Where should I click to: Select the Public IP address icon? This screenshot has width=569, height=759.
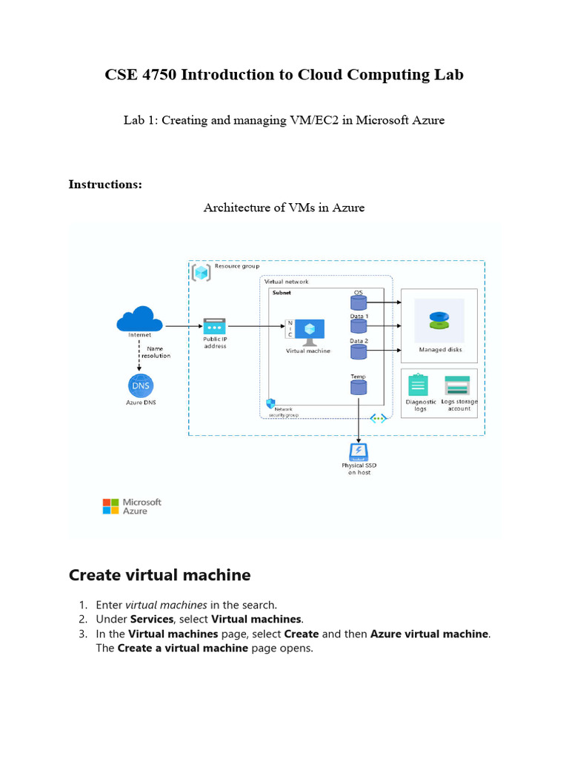point(215,326)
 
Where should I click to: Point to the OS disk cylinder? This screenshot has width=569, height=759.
point(359,302)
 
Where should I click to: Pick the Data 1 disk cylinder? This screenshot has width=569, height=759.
point(359,326)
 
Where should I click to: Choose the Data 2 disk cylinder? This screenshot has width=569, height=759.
point(359,351)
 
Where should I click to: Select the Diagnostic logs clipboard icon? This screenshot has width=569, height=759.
point(418,385)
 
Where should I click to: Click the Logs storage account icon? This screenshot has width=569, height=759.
point(457,385)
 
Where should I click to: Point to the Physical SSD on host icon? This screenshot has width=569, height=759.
point(359,451)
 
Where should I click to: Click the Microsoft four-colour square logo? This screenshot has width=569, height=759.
point(110,506)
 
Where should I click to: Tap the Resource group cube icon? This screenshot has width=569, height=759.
point(201,272)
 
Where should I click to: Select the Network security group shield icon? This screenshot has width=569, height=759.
point(270,403)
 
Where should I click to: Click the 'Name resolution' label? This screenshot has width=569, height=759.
point(156,352)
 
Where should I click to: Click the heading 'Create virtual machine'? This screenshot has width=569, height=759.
point(159,575)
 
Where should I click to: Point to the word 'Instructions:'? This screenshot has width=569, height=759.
point(105,185)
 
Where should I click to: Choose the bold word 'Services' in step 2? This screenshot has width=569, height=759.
point(152,619)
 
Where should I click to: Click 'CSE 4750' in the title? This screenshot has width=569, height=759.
point(136,75)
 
